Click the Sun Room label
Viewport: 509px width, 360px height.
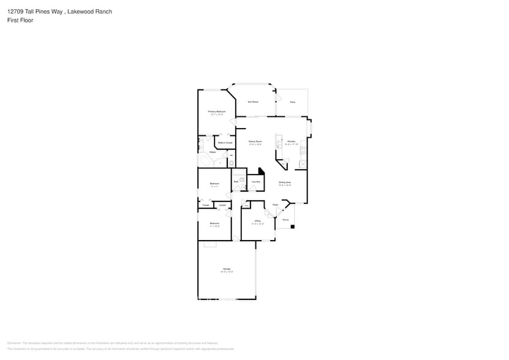pyautogui.click(x=252, y=102)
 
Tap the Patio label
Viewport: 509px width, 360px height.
pyautogui.click(x=293, y=102)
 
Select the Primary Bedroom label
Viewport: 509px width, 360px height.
pyautogui.click(x=217, y=111)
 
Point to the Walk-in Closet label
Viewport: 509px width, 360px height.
pyautogui.click(x=225, y=143)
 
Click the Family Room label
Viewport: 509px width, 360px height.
pyautogui.click(x=255, y=141)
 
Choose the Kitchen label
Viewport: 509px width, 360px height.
pyautogui.click(x=292, y=141)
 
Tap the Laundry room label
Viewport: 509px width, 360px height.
pyautogui.click(x=256, y=182)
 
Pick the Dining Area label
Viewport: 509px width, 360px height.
pyautogui.click(x=285, y=182)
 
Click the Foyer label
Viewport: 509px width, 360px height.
pyautogui.click(x=276, y=204)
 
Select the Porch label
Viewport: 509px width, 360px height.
pyautogui.click(x=285, y=219)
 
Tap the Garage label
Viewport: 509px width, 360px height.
pyautogui.click(x=227, y=269)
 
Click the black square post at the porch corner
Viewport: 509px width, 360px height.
pyautogui.click(x=292, y=227)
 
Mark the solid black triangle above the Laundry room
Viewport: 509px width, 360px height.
pyautogui.click(x=261, y=172)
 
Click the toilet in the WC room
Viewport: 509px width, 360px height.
pyautogui.click(x=231, y=162)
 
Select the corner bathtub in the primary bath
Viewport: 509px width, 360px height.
pyautogui.click(x=204, y=161)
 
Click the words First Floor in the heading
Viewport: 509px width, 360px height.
pyautogui.click(x=21, y=20)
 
